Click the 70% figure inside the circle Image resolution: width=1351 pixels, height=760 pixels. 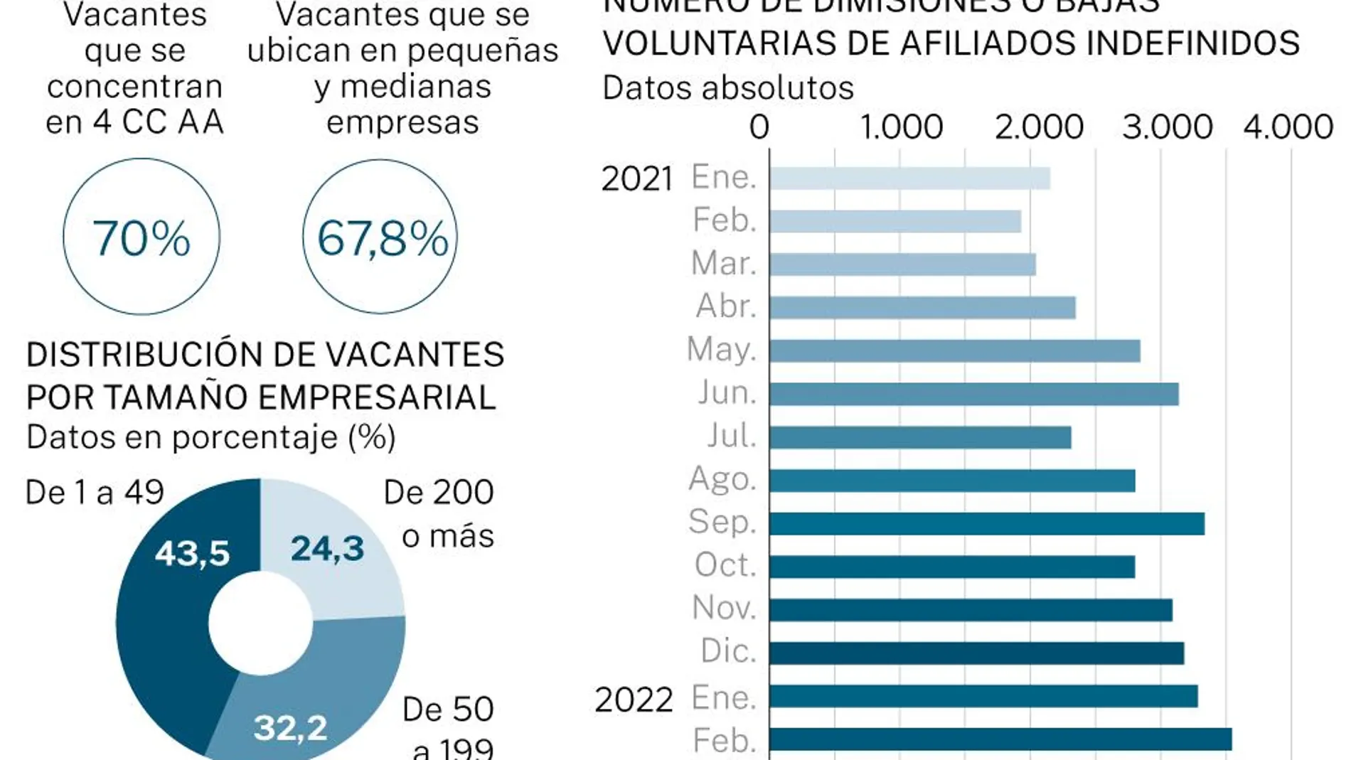point(141,237)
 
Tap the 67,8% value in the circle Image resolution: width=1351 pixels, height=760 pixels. point(382,237)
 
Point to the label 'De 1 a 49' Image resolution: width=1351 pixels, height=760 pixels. point(95,492)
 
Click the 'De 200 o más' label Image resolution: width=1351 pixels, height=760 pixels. point(439,513)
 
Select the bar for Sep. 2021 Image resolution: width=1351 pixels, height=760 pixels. point(986,524)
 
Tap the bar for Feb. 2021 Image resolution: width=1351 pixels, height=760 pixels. point(895,221)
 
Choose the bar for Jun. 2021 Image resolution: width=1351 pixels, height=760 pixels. point(973,394)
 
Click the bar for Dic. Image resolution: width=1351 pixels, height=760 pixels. point(976,653)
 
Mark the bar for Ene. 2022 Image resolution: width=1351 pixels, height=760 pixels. point(983,697)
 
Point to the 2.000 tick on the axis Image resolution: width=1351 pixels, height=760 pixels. point(1039,127)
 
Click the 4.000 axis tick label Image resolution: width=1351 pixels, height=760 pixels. point(1288,127)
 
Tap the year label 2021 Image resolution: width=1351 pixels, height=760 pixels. point(637,178)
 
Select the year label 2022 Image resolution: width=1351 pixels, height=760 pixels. point(634,700)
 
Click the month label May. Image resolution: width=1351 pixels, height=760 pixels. point(721,350)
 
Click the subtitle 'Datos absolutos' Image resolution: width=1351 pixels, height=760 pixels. point(727,89)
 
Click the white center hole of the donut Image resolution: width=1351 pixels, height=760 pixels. point(260,623)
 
